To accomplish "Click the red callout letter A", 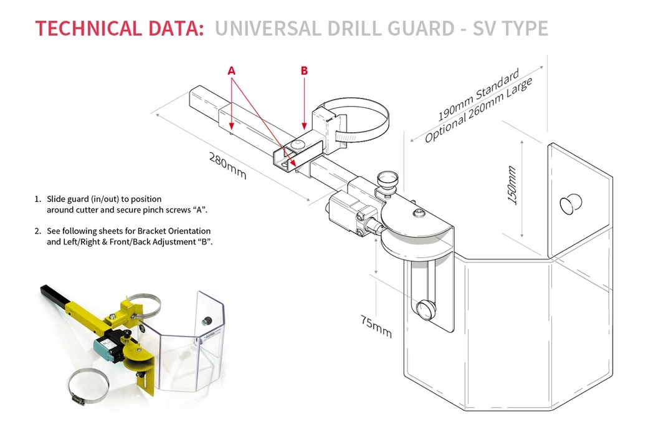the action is click(232, 71).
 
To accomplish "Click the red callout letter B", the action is click(304, 71).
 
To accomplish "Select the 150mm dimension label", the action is click(511, 185).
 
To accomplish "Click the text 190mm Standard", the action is click(478, 96).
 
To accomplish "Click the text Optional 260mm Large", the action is click(478, 111).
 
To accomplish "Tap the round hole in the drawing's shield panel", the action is click(571, 204).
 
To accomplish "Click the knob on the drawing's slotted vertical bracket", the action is click(428, 309).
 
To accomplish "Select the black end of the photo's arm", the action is click(50, 292).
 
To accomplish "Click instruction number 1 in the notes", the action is click(37, 199).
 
